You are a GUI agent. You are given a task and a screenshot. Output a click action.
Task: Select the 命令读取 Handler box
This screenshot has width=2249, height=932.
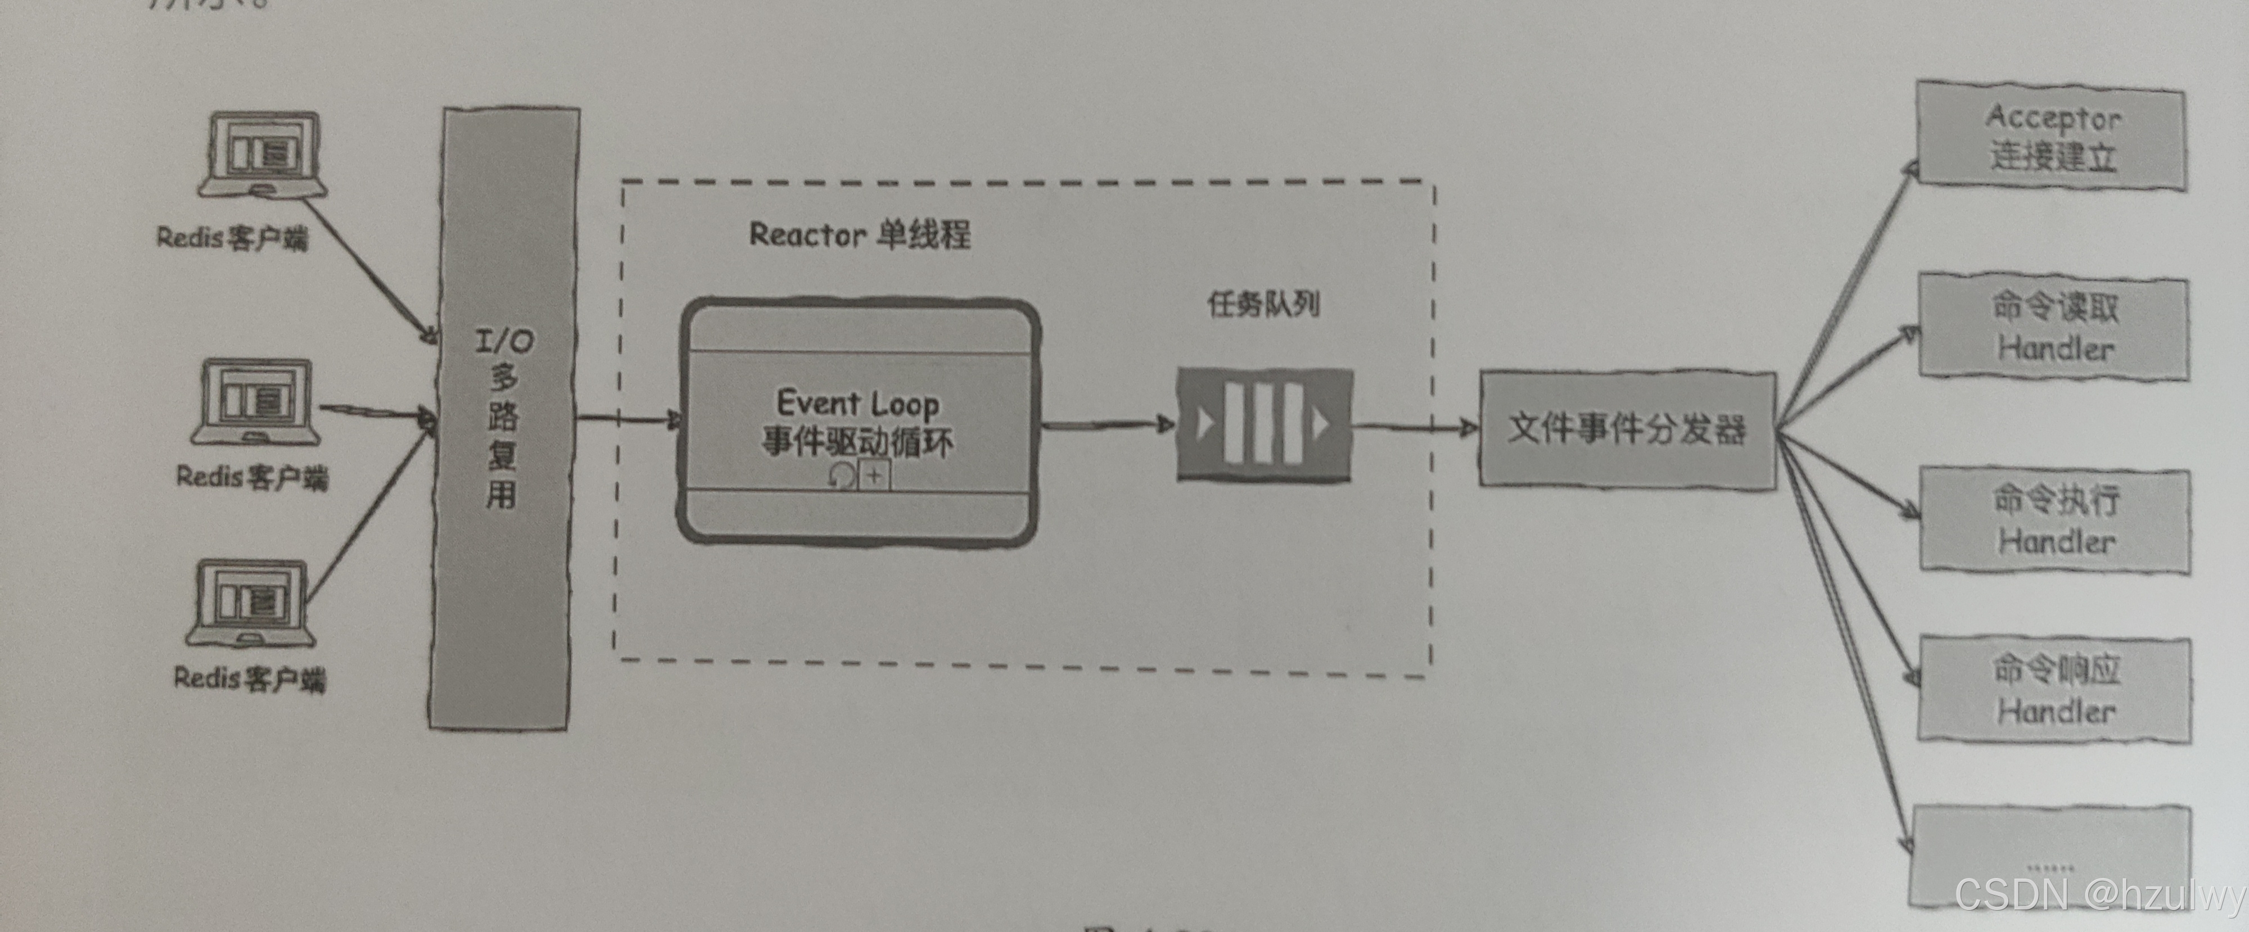[2053, 327]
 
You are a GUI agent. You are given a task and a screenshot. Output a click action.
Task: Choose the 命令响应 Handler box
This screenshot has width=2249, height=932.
[2054, 689]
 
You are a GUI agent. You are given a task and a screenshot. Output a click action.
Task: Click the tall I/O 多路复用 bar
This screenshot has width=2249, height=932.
[503, 419]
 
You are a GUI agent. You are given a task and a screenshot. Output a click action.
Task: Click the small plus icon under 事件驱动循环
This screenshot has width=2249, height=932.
[874, 476]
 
